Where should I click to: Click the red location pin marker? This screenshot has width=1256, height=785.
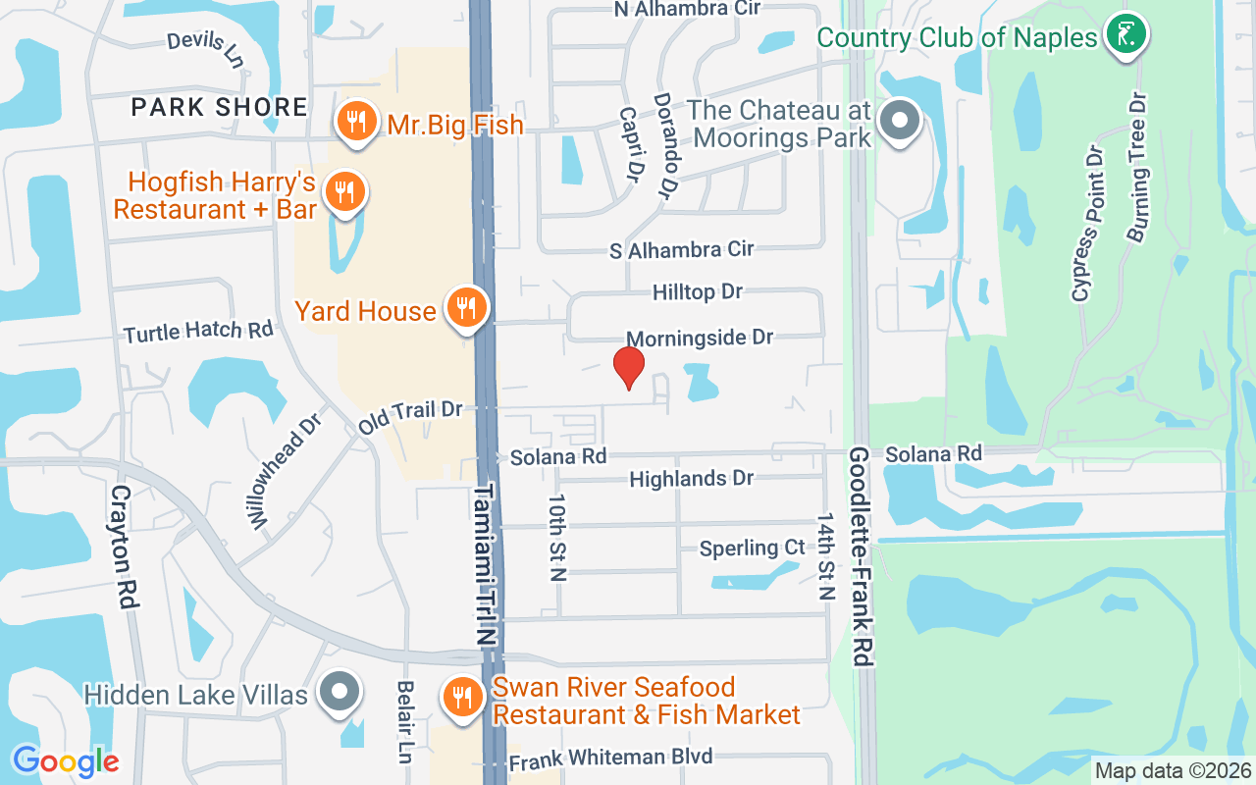click(629, 367)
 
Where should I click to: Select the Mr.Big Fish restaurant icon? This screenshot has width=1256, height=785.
click(355, 123)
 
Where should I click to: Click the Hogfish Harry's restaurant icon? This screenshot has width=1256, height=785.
click(343, 191)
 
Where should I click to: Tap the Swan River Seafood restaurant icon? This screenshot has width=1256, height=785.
click(462, 698)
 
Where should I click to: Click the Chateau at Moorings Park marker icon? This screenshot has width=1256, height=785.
click(898, 123)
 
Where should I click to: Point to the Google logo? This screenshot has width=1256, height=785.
click(66, 760)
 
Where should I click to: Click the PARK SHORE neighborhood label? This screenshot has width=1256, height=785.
click(219, 107)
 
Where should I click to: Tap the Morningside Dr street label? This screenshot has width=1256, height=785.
click(700, 338)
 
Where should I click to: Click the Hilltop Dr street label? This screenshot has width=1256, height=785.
click(698, 291)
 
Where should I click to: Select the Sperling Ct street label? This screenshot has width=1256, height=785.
click(752, 548)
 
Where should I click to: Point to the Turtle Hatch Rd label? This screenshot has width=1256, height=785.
click(198, 332)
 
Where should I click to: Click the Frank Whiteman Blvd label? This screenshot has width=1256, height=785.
click(610, 758)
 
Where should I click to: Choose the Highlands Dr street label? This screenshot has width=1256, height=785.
click(691, 479)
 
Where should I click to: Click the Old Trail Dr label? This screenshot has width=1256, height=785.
click(409, 415)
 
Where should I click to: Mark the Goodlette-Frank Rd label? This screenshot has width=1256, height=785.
click(862, 556)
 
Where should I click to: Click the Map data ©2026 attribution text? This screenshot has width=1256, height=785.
click(1174, 770)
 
